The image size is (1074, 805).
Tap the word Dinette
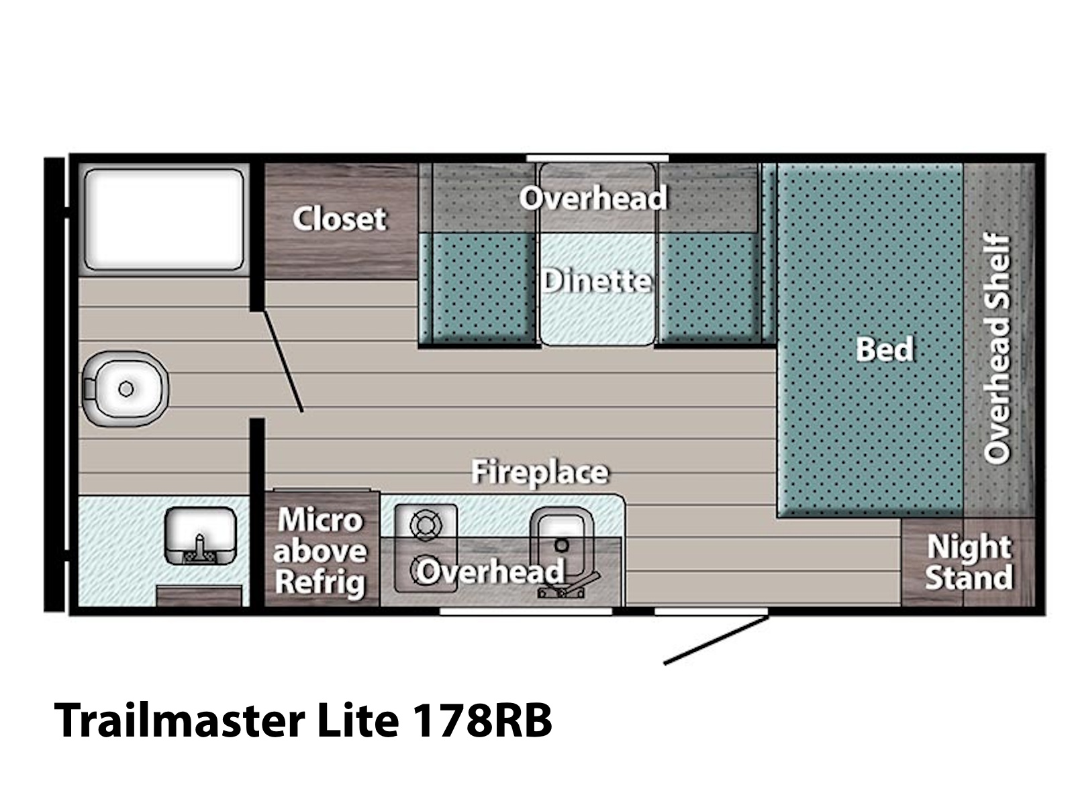click(597, 281)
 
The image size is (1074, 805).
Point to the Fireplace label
click(540, 473)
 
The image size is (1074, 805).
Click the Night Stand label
click(969, 562)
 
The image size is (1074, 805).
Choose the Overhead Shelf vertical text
click(997, 349)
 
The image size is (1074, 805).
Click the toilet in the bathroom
click(125, 388)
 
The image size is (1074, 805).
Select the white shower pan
click(164, 219)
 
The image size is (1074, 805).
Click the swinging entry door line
click(716, 640)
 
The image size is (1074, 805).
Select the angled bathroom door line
click(283, 361)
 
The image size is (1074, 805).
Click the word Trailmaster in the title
click(179, 720)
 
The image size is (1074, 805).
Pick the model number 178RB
click(483, 720)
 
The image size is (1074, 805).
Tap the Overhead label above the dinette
click(593, 198)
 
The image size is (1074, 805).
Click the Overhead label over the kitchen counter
click(490, 571)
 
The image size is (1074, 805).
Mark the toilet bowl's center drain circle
click(126, 389)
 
